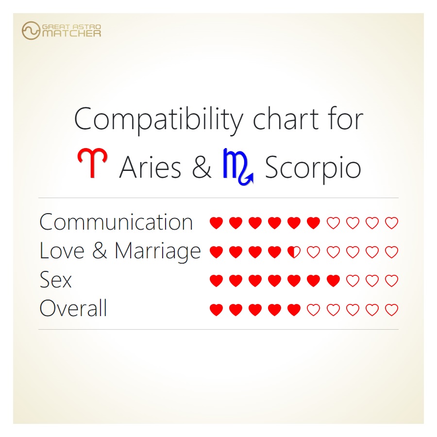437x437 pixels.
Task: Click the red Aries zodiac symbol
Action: (x=92, y=164)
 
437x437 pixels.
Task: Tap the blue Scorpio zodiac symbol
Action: (x=237, y=167)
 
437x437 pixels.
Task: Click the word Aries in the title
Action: (x=150, y=168)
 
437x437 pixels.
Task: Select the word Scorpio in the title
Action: (x=313, y=168)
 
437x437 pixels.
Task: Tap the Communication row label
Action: (x=116, y=222)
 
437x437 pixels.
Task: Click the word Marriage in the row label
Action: (x=158, y=251)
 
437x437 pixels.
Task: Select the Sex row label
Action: (x=55, y=280)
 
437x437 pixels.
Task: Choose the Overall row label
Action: (x=73, y=309)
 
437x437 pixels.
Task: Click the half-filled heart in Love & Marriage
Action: (x=294, y=252)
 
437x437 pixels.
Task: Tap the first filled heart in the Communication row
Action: (x=216, y=223)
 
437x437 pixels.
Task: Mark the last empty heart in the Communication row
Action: (x=391, y=223)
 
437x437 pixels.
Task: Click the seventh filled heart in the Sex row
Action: (x=333, y=281)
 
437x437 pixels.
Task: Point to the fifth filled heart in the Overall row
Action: (x=294, y=310)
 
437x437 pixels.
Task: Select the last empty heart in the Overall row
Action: (x=391, y=310)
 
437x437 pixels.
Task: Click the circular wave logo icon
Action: (x=31, y=31)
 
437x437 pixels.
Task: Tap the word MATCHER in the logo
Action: (x=71, y=34)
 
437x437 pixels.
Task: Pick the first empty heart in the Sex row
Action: (x=353, y=281)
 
